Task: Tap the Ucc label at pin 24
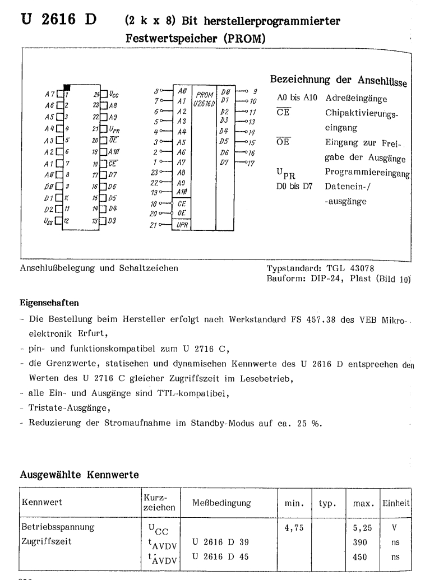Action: [x=113, y=95]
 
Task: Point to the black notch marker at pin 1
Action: [x=67, y=87]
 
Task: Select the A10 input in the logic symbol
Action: [x=181, y=191]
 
